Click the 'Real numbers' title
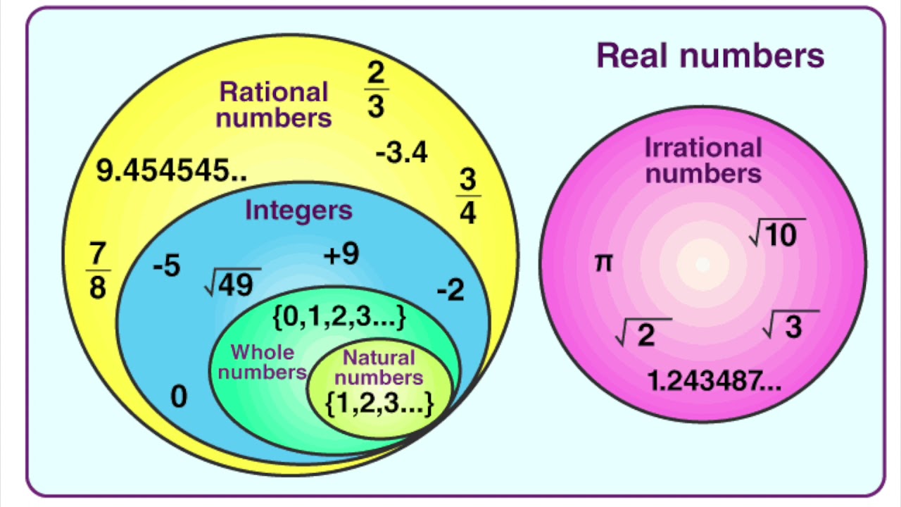click(710, 56)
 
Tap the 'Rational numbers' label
click(274, 104)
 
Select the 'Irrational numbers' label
click(703, 160)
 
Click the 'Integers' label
click(298, 210)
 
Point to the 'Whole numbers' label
click(262, 362)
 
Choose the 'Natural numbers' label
click(379, 367)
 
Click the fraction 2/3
click(376, 89)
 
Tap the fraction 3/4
click(468, 196)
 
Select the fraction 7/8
click(98, 270)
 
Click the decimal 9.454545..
click(172, 170)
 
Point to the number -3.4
click(401, 152)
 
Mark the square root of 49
click(232, 282)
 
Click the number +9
click(341, 255)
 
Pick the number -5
click(167, 266)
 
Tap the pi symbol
click(604, 263)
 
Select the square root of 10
click(777, 233)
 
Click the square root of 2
click(643, 333)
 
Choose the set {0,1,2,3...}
click(339, 317)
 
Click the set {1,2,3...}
click(379, 401)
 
